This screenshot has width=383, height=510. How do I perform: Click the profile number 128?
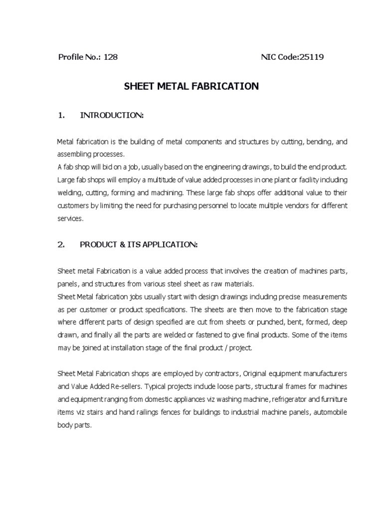pyautogui.click(x=111, y=57)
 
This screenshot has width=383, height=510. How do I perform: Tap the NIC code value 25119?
pyautogui.click(x=311, y=57)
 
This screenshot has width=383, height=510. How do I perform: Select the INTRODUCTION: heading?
pyautogui.click(x=112, y=116)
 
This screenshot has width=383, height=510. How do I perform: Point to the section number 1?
pyautogui.click(x=61, y=116)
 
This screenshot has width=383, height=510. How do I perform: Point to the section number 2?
pyautogui.click(x=61, y=245)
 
